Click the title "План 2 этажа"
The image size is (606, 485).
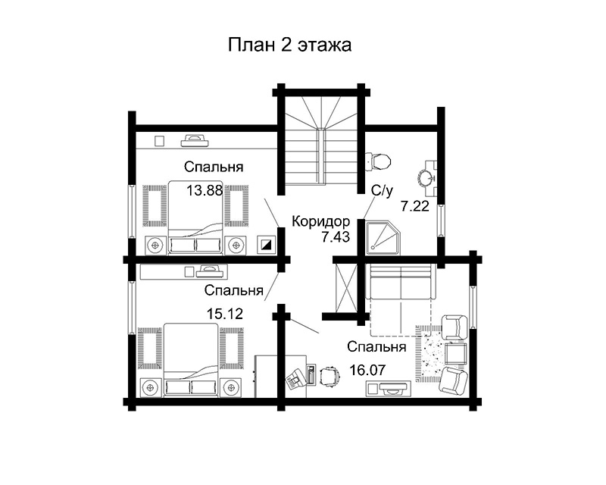pos(289,45)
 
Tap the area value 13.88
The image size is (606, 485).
pos(205,190)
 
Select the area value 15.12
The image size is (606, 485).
pos(225,314)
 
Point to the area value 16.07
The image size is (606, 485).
pos(367,370)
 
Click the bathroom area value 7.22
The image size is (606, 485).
pos(415,207)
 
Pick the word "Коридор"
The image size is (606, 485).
pos(320,221)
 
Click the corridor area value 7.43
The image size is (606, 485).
pos(336,236)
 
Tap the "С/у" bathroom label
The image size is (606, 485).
pos(383,191)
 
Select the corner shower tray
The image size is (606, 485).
pos(383,238)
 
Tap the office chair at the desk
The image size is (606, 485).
pos(330,376)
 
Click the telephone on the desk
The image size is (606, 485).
pos(295,378)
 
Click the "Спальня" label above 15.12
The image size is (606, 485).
pos(234,290)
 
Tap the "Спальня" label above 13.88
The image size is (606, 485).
pos(214,167)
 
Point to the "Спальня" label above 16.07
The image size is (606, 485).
pos(376,346)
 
